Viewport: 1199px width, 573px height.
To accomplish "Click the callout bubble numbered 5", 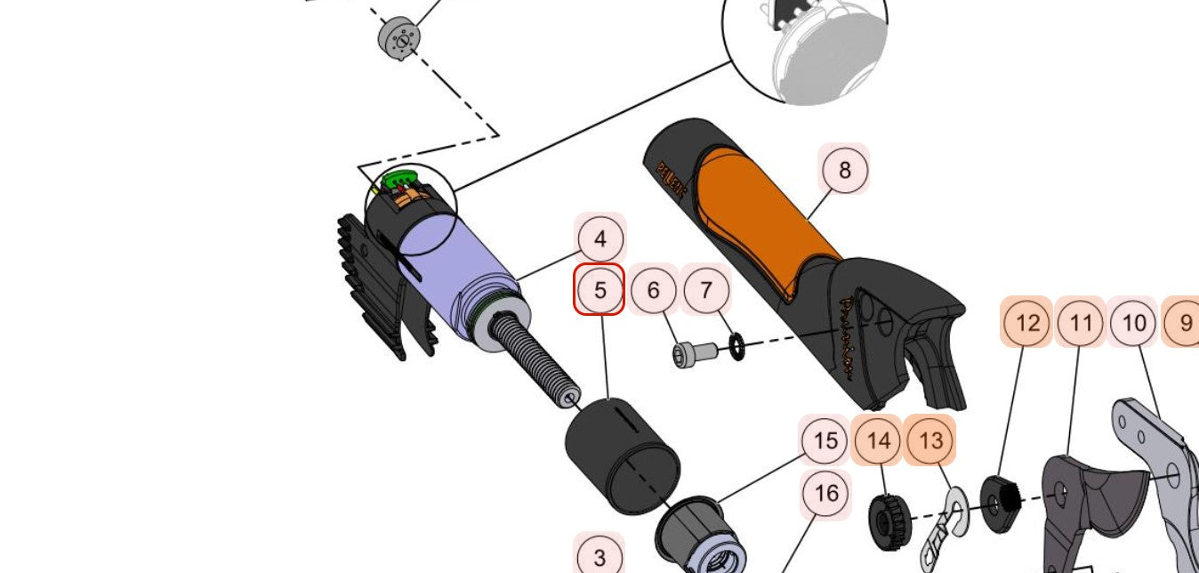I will pyautogui.click(x=599, y=290).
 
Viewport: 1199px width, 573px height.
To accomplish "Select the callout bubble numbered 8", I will pyautogui.click(x=844, y=169).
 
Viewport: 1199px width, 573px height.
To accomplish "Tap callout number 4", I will pyautogui.click(x=600, y=239).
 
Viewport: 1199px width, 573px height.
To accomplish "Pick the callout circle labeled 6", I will pyautogui.click(x=654, y=290).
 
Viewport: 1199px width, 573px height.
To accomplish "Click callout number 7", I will pyautogui.click(x=706, y=290).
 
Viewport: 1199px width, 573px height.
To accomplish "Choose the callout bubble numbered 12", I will pyautogui.click(x=1027, y=322).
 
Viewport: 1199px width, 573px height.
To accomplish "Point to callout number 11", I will pyautogui.click(x=1081, y=322).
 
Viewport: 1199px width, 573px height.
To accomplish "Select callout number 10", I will pyautogui.click(x=1134, y=322).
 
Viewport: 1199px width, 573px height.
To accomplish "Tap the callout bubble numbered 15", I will pyautogui.click(x=825, y=440).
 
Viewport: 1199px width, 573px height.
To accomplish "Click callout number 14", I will pyautogui.click(x=878, y=440).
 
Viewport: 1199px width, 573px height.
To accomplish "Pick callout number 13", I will pyautogui.click(x=930, y=440).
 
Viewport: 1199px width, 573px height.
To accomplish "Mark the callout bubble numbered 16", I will pyautogui.click(x=825, y=493).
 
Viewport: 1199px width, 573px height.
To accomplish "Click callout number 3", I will pyautogui.click(x=599, y=557).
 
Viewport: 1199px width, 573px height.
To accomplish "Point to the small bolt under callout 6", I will pyautogui.click(x=695, y=355).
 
